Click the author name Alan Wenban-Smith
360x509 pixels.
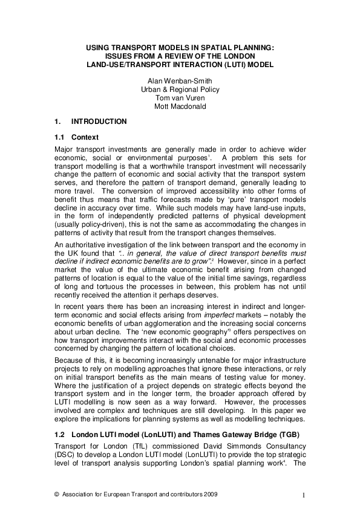pyautogui.click(x=180, y=81)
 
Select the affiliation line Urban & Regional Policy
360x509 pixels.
pyautogui.click(x=180, y=89)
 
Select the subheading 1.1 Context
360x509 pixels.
pyautogui.click(x=76, y=137)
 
